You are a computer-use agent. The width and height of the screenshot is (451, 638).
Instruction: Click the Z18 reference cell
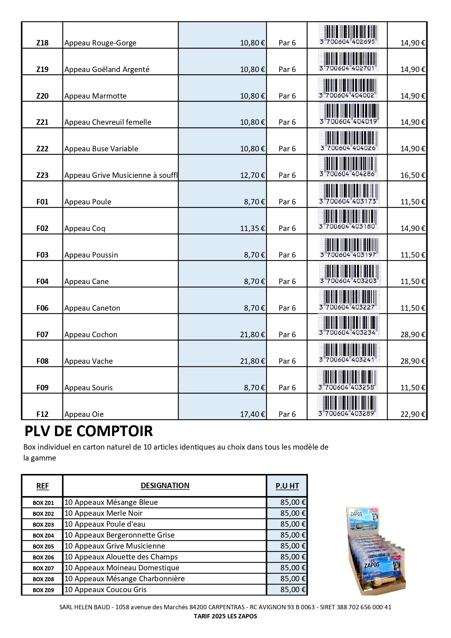[42, 43]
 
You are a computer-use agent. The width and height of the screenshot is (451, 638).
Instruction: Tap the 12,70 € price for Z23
[252, 175]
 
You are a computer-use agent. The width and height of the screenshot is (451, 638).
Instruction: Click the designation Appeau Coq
[85, 228]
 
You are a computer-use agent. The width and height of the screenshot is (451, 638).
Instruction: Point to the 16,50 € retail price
[412, 175]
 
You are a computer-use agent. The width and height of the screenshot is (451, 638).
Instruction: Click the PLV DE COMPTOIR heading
[88, 431]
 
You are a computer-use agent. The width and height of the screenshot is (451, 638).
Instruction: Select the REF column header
[42, 486]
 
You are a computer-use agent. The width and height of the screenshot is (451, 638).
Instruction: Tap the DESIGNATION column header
[165, 486]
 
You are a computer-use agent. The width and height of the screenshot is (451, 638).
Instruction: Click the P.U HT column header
[287, 486]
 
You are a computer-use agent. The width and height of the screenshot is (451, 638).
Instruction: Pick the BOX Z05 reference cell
[43, 546]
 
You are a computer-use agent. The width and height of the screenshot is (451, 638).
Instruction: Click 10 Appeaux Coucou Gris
[105, 590]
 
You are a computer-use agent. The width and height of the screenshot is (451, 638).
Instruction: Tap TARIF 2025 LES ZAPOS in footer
[225, 616]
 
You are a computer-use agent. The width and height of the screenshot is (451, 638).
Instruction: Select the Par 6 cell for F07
[287, 335]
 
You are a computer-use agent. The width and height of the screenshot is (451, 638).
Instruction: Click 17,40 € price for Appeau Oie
[252, 414]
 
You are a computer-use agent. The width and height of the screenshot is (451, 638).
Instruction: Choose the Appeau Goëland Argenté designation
[107, 69]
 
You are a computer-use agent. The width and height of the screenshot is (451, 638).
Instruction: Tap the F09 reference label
[42, 388]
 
